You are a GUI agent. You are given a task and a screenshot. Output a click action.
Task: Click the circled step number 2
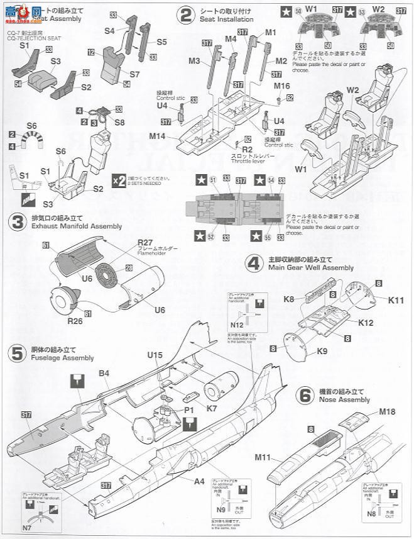pos(185,15)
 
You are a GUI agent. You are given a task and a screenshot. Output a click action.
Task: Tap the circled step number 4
pos(253,263)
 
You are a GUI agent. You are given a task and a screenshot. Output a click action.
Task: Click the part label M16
pos(281,86)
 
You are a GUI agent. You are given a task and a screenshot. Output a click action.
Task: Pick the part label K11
pos(396,301)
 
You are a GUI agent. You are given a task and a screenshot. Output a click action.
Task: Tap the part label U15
pos(155,355)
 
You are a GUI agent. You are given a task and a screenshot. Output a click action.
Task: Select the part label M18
pos(388,412)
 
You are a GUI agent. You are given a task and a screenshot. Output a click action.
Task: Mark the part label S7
pos(134,74)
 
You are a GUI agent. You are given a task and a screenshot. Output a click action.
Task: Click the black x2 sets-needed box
pos(118,180)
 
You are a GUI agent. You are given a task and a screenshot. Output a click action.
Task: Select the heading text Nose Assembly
pos(339,399)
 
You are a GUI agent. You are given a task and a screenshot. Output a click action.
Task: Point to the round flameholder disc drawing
pos(114,275)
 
